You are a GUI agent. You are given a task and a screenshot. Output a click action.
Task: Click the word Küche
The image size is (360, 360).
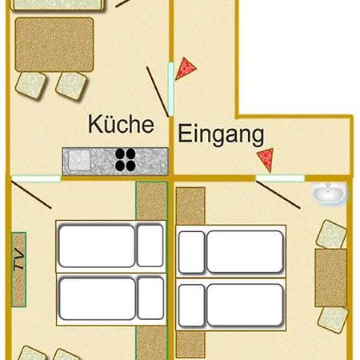[120, 124]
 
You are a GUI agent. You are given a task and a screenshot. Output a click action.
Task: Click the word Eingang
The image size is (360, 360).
[220, 134]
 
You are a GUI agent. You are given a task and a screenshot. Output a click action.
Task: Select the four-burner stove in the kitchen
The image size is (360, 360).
[125, 160]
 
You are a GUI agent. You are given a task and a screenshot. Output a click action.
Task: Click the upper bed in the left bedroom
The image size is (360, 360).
[110, 245]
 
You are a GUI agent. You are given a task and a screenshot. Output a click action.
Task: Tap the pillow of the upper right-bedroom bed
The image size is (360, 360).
[191, 252]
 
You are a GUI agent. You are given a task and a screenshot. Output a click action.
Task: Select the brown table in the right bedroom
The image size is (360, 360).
[330, 277]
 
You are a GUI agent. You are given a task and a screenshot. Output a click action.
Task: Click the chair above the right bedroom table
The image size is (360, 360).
[330, 234]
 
